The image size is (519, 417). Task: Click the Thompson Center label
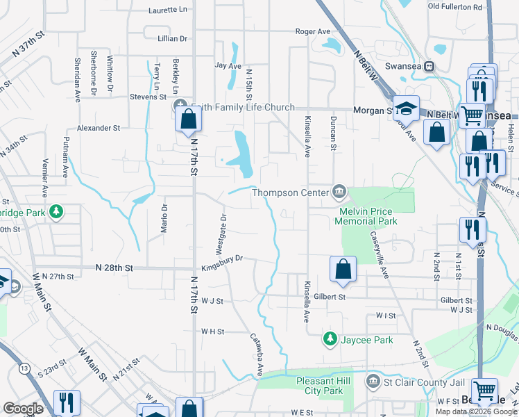tap(291, 193)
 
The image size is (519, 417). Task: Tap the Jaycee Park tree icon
tap(330, 339)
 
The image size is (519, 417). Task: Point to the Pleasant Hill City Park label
tap(319, 386)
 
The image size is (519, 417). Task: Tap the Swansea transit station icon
tap(429, 67)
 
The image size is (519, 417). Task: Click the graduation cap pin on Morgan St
tap(406, 107)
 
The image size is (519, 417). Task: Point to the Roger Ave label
tap(313, 31)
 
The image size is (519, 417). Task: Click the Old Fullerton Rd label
tap(454, 7)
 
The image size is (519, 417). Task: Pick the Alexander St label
tap(99, 128)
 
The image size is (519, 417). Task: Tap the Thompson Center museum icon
tap(339, 190)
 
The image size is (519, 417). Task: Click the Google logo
tap(23, 409)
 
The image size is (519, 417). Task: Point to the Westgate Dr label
tap(220, 234)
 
